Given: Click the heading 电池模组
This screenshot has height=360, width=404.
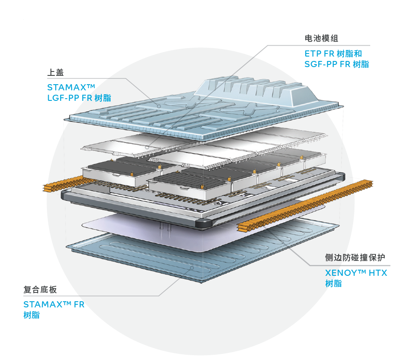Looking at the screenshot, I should click(321, 39).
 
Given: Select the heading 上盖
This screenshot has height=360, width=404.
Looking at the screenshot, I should click(55, 72).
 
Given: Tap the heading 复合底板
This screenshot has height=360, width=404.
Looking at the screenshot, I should click(40, 290).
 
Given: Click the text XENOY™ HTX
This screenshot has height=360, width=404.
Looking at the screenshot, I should click(356, 273).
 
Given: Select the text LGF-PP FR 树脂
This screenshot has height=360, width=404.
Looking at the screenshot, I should click(79, 98).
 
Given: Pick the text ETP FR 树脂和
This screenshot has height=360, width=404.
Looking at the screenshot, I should click(333, 54).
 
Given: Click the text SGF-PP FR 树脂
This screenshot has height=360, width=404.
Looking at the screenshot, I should click(337, 64).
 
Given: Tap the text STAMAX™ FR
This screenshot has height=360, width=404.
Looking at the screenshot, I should click(54, 304).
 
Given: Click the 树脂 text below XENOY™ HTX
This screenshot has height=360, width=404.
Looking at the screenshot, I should click(333, 284).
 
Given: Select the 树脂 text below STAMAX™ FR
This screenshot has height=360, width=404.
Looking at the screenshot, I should click(32, 315).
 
